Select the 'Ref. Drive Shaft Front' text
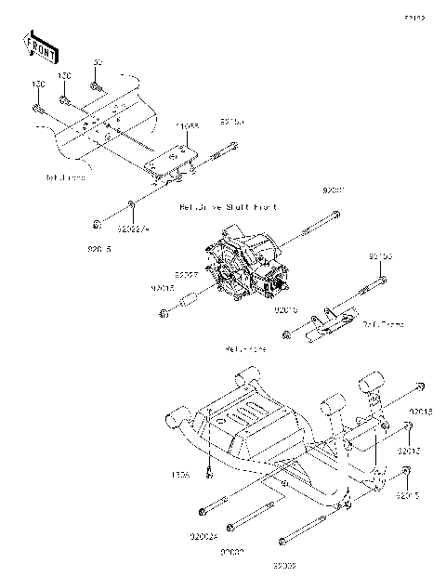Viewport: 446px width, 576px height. pos(228,206)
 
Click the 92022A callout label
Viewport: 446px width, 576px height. pos(134,224)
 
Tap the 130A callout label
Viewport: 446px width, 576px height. pos(180,475)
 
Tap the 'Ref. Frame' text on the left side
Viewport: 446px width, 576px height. pos(65,176)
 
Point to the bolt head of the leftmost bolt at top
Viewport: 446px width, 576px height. pos(37,109)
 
